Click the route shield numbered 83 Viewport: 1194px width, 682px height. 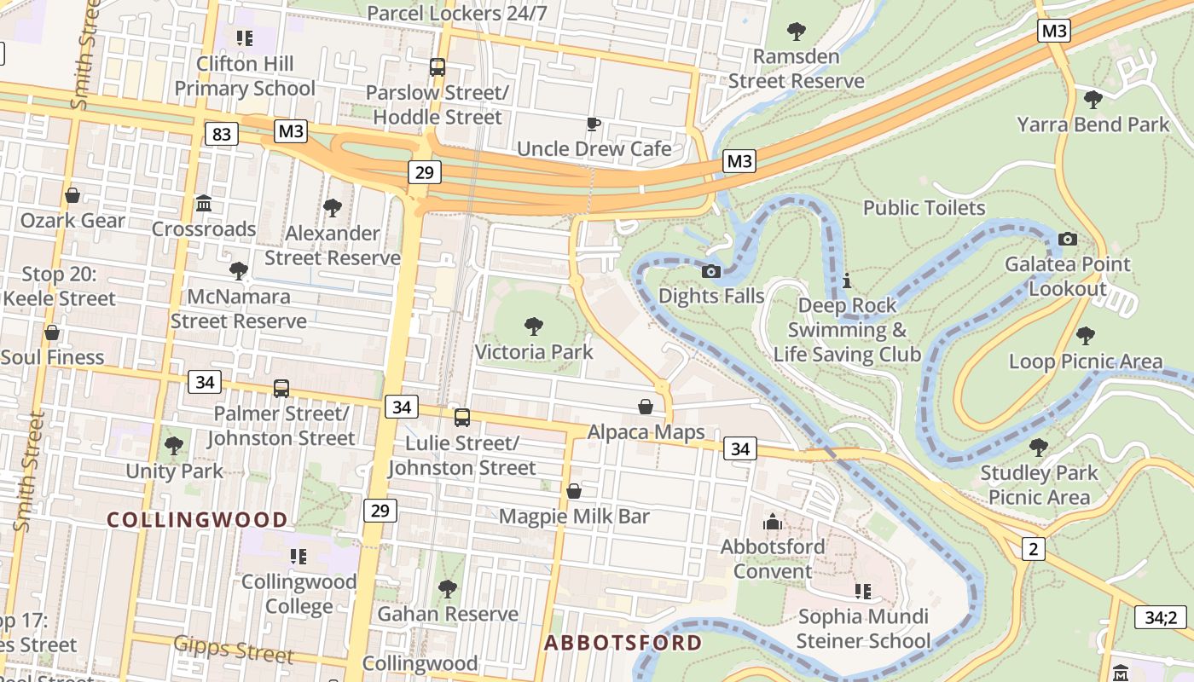(x=222, y=134)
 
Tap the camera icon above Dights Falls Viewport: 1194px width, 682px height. (x=710, y=271)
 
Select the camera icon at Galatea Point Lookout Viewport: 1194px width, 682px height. (x=1067, y=239)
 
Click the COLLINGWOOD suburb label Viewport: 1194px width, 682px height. (x=197, y=519)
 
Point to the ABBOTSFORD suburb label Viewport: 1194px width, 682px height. (x=623, y=643)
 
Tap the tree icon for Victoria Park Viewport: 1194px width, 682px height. (x=534, y=326)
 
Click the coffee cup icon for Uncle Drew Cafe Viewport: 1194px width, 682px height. (x=594, y=124)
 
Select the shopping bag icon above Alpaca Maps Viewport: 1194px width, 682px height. (x=646, y=407)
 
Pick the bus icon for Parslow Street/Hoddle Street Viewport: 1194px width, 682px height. (x=438, y=66)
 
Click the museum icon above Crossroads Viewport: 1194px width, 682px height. (x=204, y=203)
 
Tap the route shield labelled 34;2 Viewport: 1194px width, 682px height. (x=1160, y=616)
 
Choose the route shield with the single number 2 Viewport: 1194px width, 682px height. (x=1033, y=548)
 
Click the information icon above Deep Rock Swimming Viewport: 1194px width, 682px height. (x=847, y=280)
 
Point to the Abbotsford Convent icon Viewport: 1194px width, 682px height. (x=773, y=521)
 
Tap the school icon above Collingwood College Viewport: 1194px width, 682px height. (x=298, y=557)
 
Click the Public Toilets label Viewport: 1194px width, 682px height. (x=924, y=208)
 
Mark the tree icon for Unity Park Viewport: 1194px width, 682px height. (x=174, y=445)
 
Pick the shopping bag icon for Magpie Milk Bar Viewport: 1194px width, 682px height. (x=574, y=491)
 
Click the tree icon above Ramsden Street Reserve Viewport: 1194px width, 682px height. (x=797, y=32)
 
